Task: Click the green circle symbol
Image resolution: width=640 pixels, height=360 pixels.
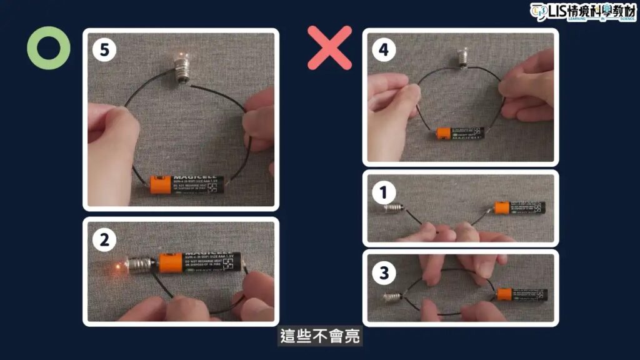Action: tap(48, 48)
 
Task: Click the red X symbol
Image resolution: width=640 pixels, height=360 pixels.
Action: tap(329, 47)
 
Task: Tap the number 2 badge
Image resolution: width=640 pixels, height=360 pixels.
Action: tap(104, 239)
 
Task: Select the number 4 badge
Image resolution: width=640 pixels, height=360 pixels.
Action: tap(384, 51)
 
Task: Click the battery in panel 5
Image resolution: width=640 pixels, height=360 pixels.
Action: tap(186, 184)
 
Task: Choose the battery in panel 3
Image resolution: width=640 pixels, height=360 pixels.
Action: tap(522, 294)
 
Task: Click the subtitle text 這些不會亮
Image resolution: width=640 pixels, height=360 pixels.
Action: tap(319, 337)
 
